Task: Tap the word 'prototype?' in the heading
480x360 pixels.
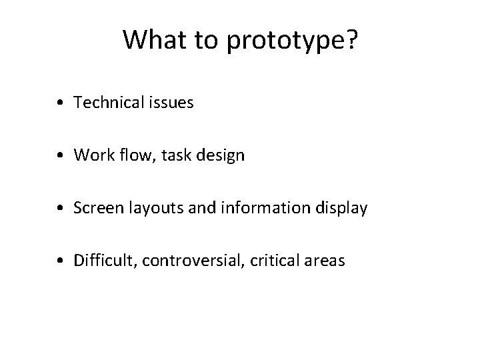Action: [x=291, y=42]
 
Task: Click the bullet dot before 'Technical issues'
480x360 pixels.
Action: [x=61, y=103]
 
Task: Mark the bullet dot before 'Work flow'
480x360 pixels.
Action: [x=61, y=156]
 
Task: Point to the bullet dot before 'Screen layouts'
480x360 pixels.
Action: [x=61, y=209]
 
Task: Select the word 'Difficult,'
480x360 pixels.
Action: [x=103, y=261]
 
